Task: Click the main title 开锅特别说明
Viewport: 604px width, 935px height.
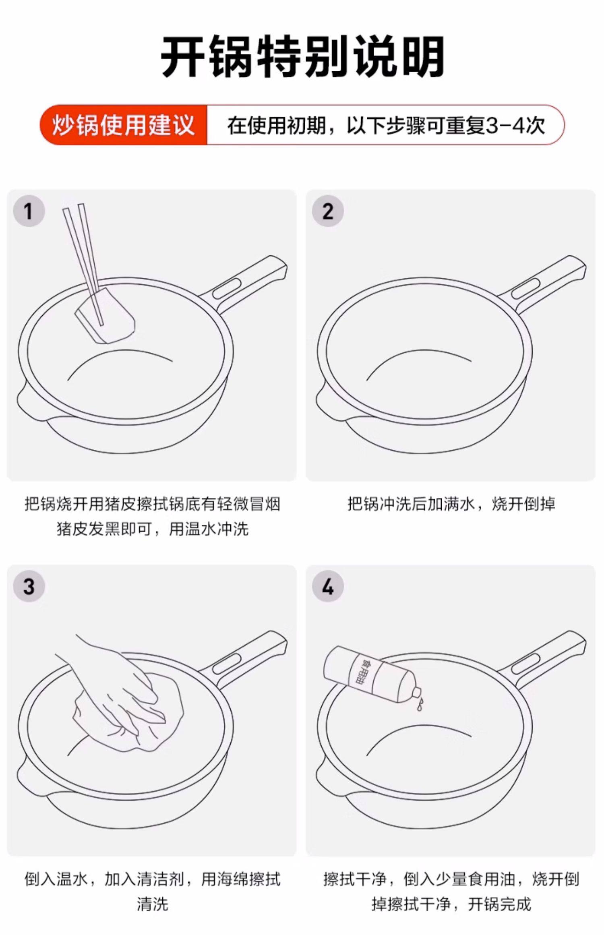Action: [x=302, y=57]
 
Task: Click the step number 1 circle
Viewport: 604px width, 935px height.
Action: [x=29, y=211]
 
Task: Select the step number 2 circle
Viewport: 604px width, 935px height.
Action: [x=328, y=211]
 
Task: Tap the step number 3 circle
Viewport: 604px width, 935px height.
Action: [x=29, y=586]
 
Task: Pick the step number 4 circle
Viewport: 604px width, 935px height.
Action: [x=328, y=586]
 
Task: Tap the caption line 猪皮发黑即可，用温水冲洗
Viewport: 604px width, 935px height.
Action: [x=153, y=529]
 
